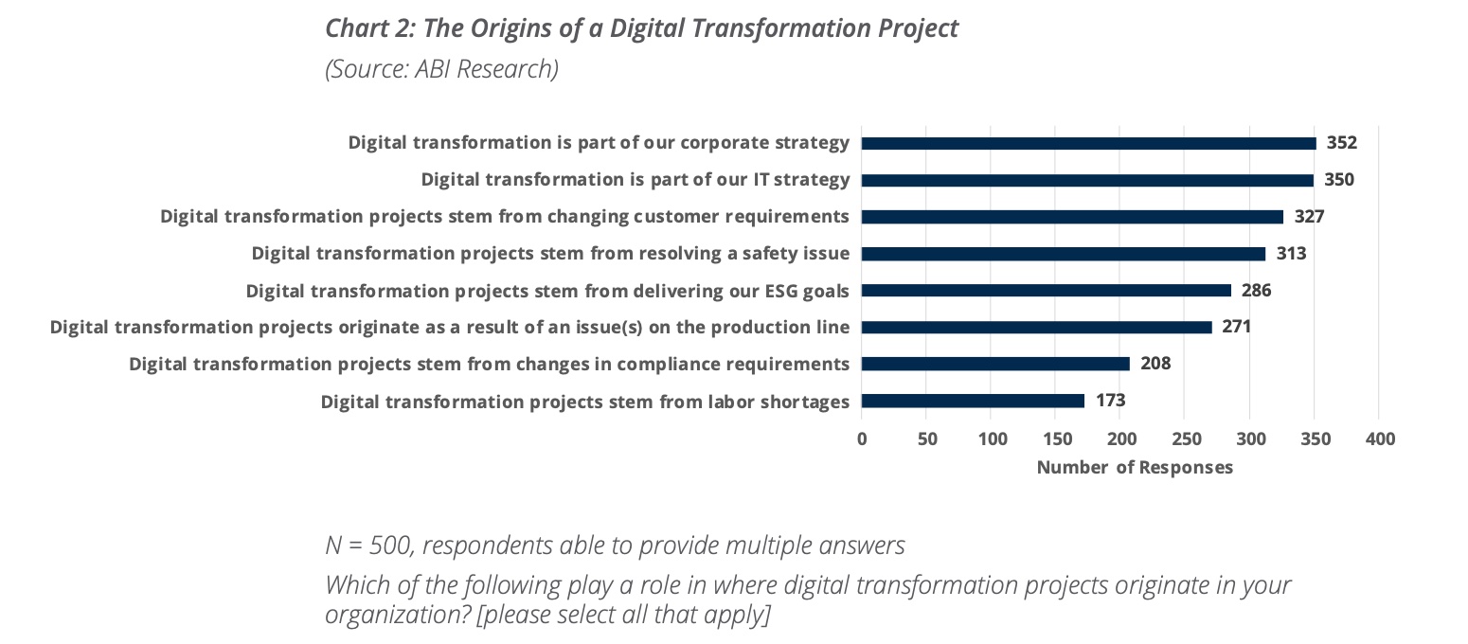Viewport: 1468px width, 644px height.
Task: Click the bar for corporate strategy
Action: [1088, 143]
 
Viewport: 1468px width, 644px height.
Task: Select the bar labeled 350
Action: [1087, 180]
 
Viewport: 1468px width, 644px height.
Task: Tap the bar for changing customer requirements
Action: [1072, 217]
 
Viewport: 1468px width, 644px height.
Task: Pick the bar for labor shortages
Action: [973, 401]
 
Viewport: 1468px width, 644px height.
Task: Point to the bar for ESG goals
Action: [1046, 291]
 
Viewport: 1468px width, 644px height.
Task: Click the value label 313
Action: [1291, 254]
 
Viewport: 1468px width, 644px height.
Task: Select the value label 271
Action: [1236, 327]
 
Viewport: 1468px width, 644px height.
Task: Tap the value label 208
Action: [1155, 364]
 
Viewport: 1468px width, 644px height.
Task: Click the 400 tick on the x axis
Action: [1380, 439]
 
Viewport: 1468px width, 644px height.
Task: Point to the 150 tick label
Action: [1056, 439]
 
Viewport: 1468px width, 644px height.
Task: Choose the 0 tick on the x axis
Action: [862, 439]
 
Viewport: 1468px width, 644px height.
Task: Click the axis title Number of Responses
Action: [1135, 468]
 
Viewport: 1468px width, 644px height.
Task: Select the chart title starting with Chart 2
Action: [641, 28]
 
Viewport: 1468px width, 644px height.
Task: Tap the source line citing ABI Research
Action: [441, 70]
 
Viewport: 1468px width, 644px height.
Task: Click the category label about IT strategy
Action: [635, 180]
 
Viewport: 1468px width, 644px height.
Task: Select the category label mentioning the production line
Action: [449, 328]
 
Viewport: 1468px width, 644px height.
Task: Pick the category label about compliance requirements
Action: [489, 365]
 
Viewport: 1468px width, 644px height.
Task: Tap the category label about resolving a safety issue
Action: [550, 254]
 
